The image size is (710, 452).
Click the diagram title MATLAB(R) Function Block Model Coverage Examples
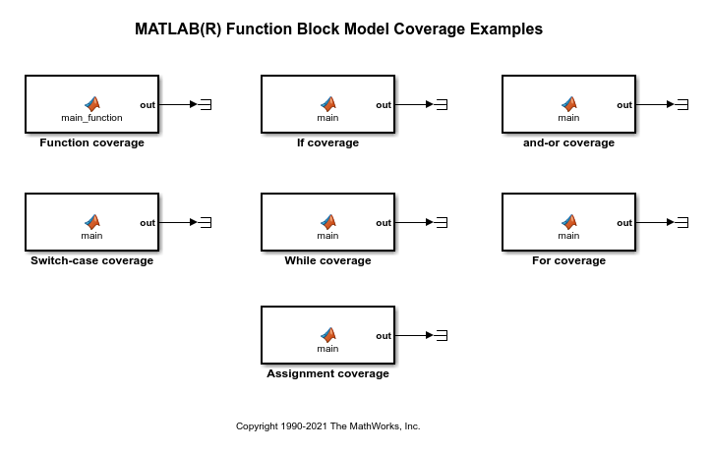click(x=338, y=29)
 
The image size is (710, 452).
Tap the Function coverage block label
click(x=91, y=142)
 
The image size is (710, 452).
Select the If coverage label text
click(x=327, y=142)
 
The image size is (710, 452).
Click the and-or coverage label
click(x=568, y=142)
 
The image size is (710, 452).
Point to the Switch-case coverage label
click(x=91, y=260)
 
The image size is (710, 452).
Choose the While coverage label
click(x=327, y=260)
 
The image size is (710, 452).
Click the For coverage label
click(x=568, y=260)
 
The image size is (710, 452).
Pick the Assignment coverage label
click(x=327, y=373)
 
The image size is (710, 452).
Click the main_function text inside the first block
click(x=91, y=118)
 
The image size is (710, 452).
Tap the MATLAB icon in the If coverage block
click(x=327, y=103)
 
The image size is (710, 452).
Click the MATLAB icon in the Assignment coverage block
click(x=327, y=334)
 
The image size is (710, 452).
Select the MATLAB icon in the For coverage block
click(x=568, y=221)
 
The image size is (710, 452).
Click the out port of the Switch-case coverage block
click(x=147, y=223)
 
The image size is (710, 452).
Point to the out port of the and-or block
click(x=624, y=105)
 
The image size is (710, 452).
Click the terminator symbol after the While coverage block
click(x=443, y=223)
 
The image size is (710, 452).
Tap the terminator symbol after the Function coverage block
click(x=207, y=105)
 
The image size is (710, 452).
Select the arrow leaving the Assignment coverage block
click(x=414, y=335)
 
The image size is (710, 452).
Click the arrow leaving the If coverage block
click(x=414, y=105)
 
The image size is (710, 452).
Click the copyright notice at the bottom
click(x=327, y=426)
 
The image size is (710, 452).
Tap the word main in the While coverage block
click(x=327, y=236)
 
